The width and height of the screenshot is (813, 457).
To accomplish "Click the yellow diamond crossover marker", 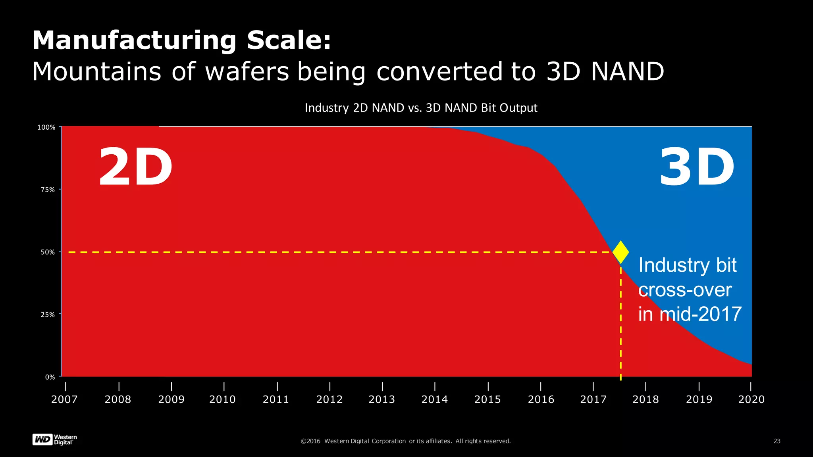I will [620, 252].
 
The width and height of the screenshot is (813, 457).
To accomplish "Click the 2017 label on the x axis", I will [593, 399].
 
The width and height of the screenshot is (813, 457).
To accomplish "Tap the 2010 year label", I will [222, 399].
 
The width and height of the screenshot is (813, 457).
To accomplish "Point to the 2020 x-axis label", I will [751, 399].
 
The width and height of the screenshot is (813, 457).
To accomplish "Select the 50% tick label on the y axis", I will [48, 252].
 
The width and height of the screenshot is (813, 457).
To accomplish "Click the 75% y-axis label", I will [48, 190].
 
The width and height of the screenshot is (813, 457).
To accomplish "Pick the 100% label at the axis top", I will [46, 127].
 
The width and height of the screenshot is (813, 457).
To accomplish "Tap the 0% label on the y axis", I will [50, 377].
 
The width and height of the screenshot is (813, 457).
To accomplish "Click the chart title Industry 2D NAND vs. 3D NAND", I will [421, 108].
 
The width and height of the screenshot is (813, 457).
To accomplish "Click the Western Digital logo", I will [54, 440].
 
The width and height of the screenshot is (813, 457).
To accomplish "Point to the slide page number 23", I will [777, 441].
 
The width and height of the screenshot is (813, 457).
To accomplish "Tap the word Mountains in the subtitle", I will [96, 72].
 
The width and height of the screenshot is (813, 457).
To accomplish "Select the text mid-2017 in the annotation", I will [700, 314].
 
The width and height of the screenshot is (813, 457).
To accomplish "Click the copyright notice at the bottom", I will [406, 441].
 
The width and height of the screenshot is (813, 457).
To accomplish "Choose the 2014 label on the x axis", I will [434, 399].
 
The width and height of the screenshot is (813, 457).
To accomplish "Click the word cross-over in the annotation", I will [685, 290].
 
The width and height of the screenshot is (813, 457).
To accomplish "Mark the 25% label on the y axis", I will [48, 315].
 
